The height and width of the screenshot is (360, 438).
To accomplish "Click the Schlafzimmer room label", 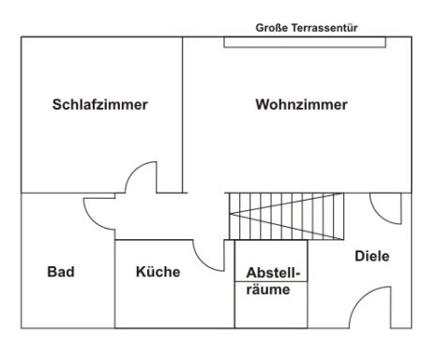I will [99, 105].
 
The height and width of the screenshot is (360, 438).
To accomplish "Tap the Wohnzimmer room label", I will [301, 105].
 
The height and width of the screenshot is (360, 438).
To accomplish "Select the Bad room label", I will [61, 272].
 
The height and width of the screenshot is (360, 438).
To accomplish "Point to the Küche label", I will [158, 272].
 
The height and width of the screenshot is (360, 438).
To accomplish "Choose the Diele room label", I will [372, 255].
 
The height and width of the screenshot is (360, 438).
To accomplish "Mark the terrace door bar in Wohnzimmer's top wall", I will [303, 40].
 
